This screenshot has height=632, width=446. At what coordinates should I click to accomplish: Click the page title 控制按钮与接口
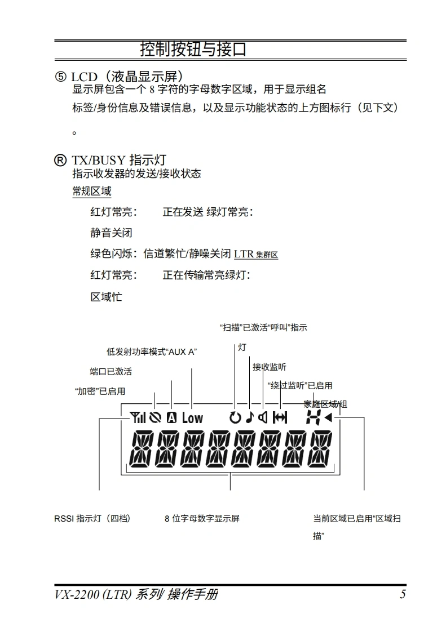click(x=193, y=50)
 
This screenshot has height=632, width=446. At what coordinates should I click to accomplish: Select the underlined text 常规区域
click(x=91, y=191)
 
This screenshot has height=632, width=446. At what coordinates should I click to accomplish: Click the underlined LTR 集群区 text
click(x=256, y=254)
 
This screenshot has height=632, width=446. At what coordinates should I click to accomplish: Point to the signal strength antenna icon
click(x=137, y=417)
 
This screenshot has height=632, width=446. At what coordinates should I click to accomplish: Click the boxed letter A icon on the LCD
click(x=171, y=417)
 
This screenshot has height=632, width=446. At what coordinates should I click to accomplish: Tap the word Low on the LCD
click(x=192, y=417)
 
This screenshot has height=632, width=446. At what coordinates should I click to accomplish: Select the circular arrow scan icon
click(x=235, y=417)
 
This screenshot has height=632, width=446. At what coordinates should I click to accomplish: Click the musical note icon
click(x=249, y=417)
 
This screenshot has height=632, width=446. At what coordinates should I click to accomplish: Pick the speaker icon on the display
click(x=263, y=417)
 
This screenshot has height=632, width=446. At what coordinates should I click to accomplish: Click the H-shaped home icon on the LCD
click(x=312, y=417)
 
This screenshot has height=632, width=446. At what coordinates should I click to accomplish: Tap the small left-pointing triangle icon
click(x=328, y=417)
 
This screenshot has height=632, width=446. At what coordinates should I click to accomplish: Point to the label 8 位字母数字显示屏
click(x=202, y=518)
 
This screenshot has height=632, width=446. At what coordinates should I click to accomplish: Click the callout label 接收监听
click(x=269, y=367)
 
